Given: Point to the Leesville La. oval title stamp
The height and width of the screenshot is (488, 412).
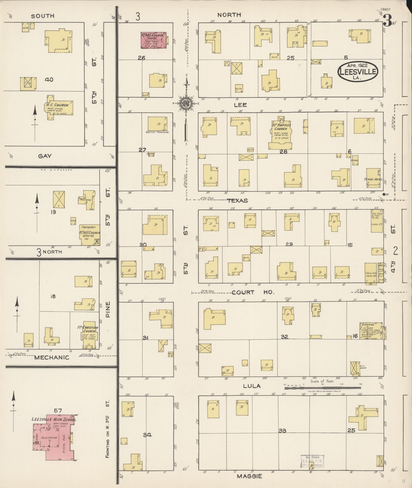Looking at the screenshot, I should click(x=357, y=72).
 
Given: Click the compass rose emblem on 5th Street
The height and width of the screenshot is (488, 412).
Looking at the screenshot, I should click(x=186, y=103).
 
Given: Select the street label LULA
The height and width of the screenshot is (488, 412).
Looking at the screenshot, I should click(x=252, y=386).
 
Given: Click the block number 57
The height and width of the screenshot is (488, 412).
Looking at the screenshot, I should click(x=58, y=411).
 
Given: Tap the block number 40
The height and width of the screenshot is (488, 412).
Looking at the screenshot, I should click(x=49, y=80).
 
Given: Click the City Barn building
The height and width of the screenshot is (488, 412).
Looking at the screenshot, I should click(x=355, y=368).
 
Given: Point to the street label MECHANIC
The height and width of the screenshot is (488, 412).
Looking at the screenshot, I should click(x=52, y=357).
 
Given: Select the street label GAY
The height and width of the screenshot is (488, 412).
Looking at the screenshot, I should click(x=45, y=156).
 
